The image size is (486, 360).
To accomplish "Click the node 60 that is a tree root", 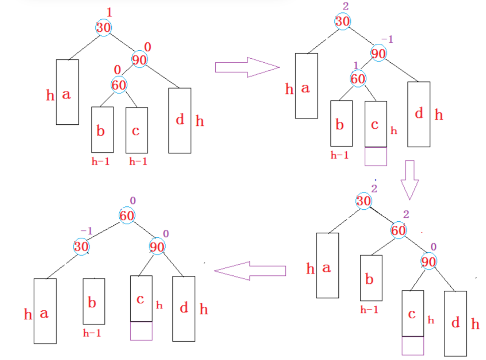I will click(127, 216).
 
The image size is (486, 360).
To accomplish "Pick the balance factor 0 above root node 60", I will click(133, 200).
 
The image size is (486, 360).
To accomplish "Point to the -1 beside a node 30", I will click(86, 231).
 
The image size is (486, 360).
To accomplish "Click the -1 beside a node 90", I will click(387, 39).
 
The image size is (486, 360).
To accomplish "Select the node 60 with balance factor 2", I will click(398, 231).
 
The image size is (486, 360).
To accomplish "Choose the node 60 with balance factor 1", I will click(358, 79).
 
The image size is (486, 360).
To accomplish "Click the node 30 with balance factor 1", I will click(103, 27).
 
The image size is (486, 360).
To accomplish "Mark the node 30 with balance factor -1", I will click(81, 246).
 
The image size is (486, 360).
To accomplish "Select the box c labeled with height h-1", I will click(136, 130).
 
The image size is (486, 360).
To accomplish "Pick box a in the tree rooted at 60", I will click(45, 311).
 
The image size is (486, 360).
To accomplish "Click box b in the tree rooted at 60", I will click(93, 301).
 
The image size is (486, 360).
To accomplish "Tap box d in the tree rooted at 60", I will click(183, 308).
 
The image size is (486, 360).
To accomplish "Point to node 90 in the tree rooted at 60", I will click(158, 246).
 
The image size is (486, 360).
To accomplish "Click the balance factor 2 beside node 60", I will click(406, 214).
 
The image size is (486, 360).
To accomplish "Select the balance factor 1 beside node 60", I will click(356, 65).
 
